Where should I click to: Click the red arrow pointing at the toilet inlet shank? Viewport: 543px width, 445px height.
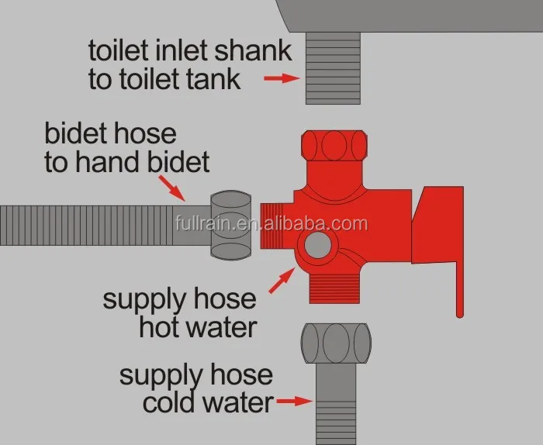pos(281,78)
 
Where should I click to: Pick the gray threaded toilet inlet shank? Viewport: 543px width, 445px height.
pos(334,68)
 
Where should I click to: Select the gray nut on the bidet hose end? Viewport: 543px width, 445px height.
pos(232,225)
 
